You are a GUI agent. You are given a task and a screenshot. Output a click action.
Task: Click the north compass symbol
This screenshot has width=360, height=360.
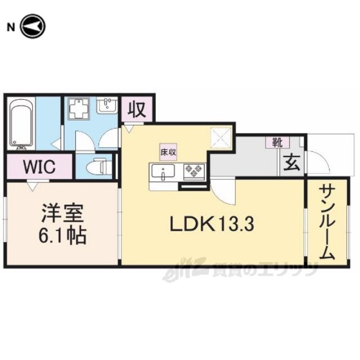coord(33,26)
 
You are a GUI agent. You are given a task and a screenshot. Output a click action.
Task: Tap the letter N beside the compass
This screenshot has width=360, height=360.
coord(11,28)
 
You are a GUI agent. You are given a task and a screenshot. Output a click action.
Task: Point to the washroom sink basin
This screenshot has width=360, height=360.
coord(107,105)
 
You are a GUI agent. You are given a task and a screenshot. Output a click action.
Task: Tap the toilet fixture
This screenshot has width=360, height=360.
coord(99,166)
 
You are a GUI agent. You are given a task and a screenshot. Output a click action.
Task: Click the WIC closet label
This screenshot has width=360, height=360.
coord(40,166)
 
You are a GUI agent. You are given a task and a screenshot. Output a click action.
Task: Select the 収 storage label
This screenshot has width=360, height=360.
coord(137,110)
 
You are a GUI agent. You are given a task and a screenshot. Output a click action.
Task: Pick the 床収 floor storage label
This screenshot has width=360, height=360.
coord(168,152)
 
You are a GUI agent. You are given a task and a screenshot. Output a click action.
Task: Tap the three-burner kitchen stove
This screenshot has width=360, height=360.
coord(194,171)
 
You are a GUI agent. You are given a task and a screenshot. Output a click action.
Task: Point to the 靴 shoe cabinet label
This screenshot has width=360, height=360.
coord(277,143)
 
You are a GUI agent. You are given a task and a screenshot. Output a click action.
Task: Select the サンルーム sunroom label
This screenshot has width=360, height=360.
coord(327,223)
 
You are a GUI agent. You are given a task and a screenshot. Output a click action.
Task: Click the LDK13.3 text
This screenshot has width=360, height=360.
coord(212,224)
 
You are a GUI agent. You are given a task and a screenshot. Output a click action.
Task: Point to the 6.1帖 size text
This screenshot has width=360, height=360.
coord(62,235)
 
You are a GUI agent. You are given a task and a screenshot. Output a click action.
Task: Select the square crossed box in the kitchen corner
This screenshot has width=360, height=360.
coord(220,138)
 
